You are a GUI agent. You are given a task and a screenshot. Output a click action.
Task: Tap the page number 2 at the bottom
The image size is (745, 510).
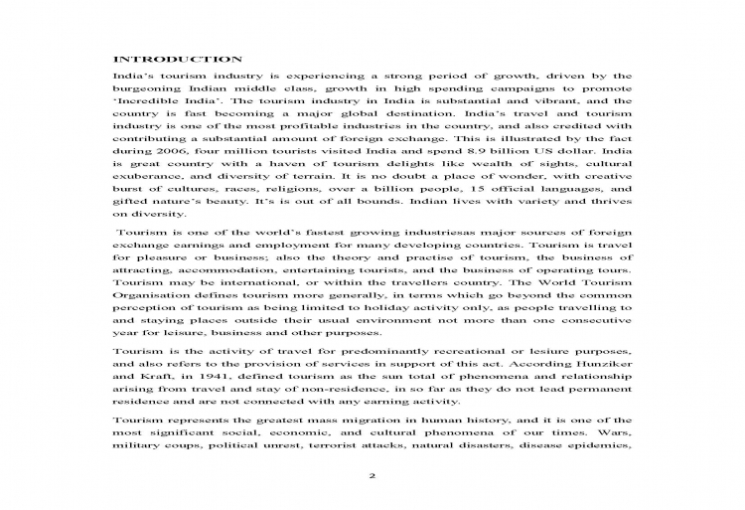[372, 476]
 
